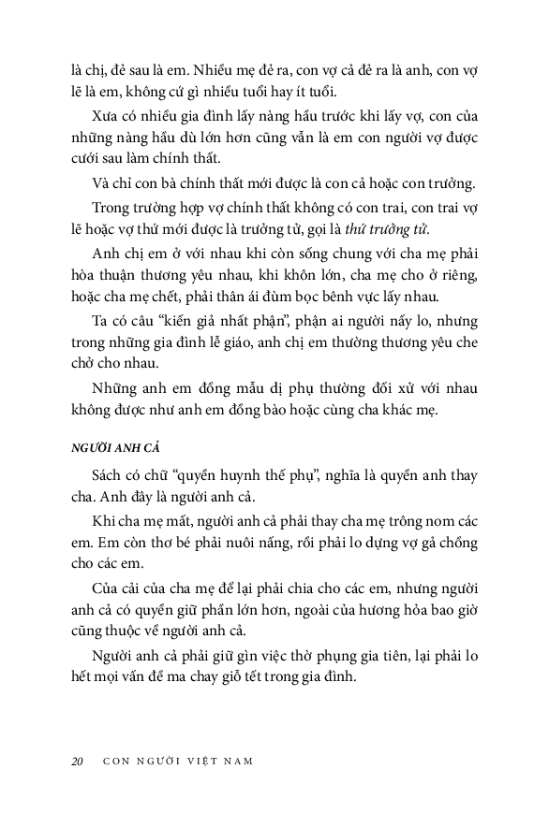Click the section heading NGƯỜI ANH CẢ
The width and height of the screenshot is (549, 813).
(x=111, y=449)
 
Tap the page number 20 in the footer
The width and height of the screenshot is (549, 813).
(x=77, y=760)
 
